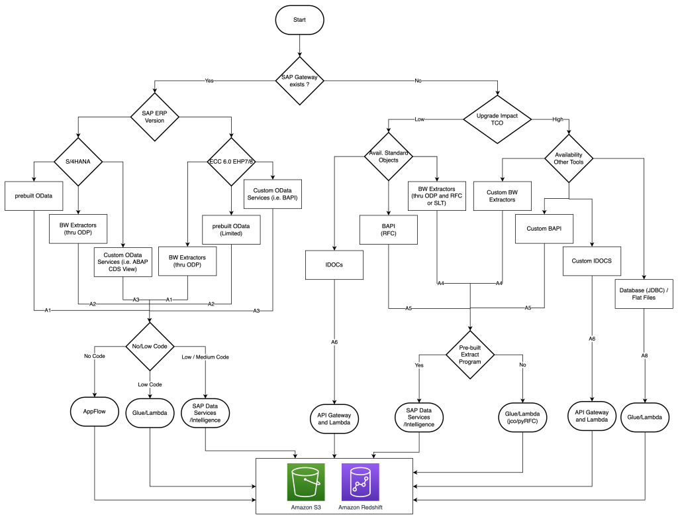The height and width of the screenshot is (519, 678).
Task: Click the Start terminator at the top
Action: (x=299, y=21)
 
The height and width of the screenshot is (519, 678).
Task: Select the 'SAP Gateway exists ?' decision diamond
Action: (x=299, y=81)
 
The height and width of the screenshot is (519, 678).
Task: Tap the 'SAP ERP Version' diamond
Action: (x=154, y=117)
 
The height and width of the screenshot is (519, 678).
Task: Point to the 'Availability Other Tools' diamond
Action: (x=569, y=158)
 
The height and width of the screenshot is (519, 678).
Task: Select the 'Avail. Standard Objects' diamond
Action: (x=388, y=157)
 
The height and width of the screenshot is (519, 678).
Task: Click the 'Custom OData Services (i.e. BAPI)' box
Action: (x=273, y=194)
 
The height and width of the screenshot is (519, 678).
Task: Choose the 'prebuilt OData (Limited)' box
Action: (x=231, y=229)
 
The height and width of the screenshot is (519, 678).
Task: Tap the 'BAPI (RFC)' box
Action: (x=388, y=229)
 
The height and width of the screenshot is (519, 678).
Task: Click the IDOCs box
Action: (x=334, y=264)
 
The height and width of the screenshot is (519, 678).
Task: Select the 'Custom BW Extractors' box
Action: (x=502, y=196)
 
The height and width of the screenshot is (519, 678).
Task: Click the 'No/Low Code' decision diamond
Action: (x=152, y=346)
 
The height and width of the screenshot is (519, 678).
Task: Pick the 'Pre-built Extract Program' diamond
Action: (x=470, y=354)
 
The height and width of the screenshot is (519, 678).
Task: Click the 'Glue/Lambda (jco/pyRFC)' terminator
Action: (x=522, y=419)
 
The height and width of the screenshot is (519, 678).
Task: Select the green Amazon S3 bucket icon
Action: (x=306, y=482)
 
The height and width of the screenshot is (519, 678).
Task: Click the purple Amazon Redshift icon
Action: (x=360, y=482)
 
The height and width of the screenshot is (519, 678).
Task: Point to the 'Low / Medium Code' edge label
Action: (x=205, y=357)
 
